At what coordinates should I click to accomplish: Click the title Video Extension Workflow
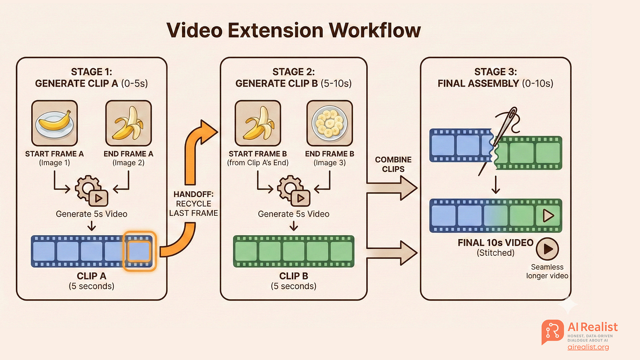tap(293, 31)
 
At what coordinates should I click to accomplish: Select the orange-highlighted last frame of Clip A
tap(139, 251)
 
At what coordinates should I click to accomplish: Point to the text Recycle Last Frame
tap(193, 209)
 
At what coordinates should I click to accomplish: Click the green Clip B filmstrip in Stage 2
tap(294, 251)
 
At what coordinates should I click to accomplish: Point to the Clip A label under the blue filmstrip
tap(91, 278)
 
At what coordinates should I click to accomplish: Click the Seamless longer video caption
tap(547, 271)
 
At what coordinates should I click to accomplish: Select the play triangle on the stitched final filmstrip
tap(548, 215)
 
